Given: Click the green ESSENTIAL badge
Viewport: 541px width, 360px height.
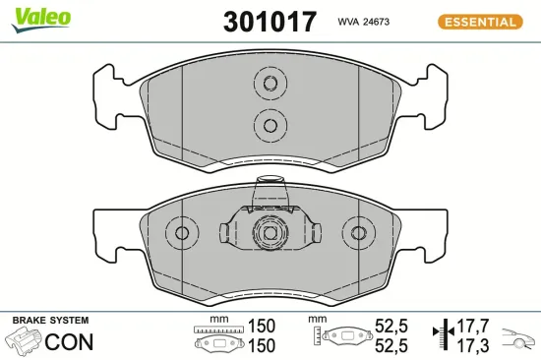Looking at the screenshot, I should point(480,21).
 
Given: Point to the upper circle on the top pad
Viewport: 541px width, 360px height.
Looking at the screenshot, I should point(268,84).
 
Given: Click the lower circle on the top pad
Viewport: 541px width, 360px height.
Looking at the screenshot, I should point(268,123).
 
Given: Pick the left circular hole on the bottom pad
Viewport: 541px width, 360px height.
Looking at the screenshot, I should point(181,233).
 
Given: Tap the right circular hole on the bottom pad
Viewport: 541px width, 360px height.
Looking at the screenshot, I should point(354,233).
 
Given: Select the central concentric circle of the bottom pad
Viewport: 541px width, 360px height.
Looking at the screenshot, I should point(268,234).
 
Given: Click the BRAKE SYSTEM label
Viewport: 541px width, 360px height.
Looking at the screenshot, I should point(50,321).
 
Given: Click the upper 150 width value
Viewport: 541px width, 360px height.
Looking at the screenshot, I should point(262,326).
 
